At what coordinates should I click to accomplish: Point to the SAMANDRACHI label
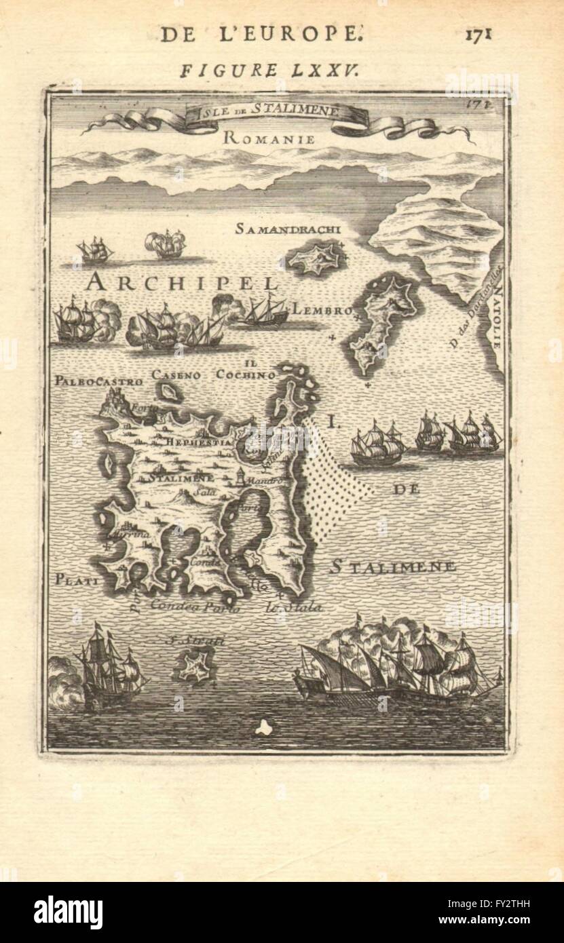pyautogui.click(x=288, y=229)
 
